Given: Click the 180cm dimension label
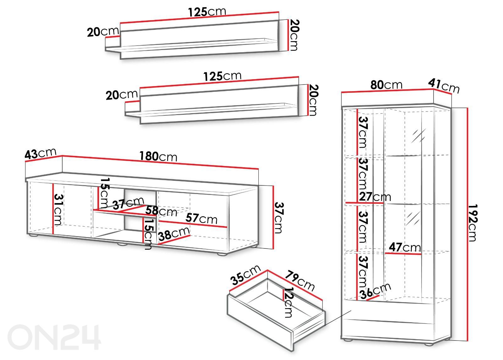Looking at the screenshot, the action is point(158,156).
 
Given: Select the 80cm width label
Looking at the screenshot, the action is point(386,85).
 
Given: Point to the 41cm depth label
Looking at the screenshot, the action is point(444,86).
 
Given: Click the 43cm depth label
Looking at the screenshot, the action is point(41,154).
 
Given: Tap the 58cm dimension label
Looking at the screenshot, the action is point(161,211).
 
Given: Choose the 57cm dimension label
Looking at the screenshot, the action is point(202,219).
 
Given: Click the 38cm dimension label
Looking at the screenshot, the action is point(174,234).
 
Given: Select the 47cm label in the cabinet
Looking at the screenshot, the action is point(405,247).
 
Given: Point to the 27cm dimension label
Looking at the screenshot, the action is point(375,197).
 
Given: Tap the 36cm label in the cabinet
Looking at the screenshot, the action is point(375,291).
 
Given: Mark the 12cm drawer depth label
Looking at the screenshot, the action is point(288,302).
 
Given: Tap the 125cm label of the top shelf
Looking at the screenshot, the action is point(207,12).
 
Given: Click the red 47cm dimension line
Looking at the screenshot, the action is point(403,254).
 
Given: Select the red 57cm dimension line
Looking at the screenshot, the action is point(193,224).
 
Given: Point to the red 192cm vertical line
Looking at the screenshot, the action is point(467,224).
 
